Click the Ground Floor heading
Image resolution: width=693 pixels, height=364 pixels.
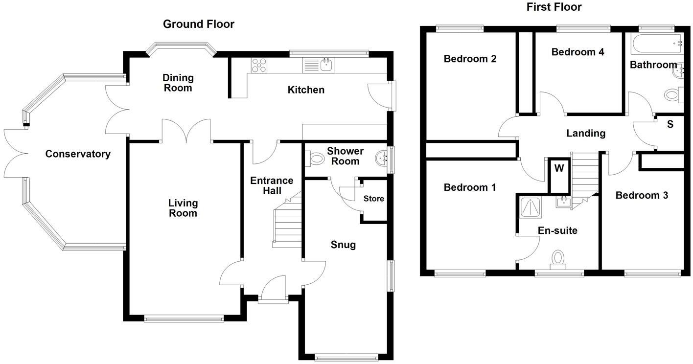pos(198,24)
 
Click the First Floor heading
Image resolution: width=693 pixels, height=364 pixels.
pos(554,7)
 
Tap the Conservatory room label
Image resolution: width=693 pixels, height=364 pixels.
pos(78,154)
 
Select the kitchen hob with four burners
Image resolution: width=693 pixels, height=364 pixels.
pos(259,65)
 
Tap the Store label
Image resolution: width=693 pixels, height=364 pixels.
pos(373,199)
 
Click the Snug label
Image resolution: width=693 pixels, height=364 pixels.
pos(343,245)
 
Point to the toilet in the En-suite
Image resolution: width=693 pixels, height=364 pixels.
pos(557,259)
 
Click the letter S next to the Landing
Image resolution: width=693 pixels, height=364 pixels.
pos(670,124)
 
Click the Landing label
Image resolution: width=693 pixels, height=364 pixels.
pos(586,133)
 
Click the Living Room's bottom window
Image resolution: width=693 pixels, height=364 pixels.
pos(184,319)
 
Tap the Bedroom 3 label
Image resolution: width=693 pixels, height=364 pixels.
pos(641,196)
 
